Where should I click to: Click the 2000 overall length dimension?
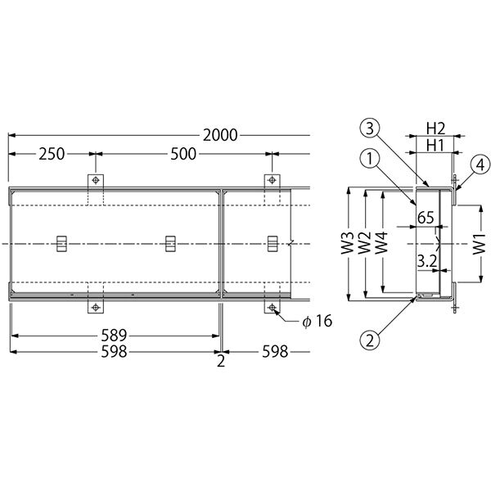pos(220,135)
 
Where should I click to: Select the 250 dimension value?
pos(52,154)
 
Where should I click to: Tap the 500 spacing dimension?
pos(183,154)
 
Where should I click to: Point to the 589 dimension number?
pos(114,336)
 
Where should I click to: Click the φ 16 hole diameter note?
pos(318,321)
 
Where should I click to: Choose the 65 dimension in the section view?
pos(426,218)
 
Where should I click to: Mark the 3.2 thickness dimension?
pos(427,261)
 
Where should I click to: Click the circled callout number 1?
pos(370,159)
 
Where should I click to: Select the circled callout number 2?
pos(370,340)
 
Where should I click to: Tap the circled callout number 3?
pos(370,128)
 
